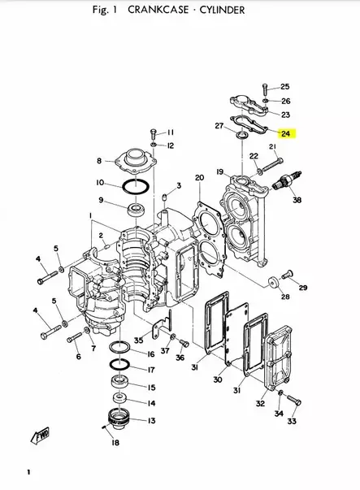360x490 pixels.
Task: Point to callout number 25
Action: (284, 86)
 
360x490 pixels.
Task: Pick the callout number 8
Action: (99, 161)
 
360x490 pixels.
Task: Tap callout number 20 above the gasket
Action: (199, 177)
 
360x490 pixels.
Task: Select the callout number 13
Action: (151, 420)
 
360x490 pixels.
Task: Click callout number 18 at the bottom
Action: (115, 443)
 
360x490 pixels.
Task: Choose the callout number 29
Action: (303, 288)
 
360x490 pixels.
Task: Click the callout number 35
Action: (138, 340)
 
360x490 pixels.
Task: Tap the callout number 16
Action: (151, 354)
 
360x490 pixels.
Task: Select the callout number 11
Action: (170, 132)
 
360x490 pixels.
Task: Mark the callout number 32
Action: (260, 403)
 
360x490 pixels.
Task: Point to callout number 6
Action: (78, 356)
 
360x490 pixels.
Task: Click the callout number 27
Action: (219, 126)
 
